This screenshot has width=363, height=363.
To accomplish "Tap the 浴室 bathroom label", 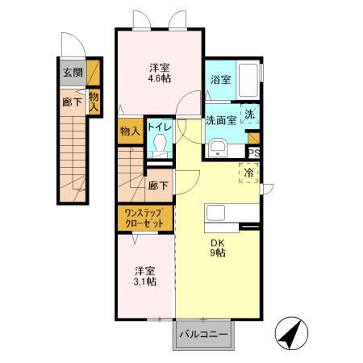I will tap(221, 79).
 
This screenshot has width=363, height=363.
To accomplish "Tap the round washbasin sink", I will tap(216, 147).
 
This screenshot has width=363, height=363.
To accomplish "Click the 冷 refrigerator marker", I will tap(249, 173).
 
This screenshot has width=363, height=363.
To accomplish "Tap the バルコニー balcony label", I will tap(202, 333).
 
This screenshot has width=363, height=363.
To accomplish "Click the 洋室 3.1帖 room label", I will tap(145, 275).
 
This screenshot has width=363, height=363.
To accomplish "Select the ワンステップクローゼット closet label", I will tap(144, 218).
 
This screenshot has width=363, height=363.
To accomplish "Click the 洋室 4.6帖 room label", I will tap(159, 73).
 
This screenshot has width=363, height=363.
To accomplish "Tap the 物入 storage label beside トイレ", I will tap(130, 130).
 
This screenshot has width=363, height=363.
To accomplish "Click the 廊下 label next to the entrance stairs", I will tap(73, 102).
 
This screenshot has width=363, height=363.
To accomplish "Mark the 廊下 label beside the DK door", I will tap(159, 186).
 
